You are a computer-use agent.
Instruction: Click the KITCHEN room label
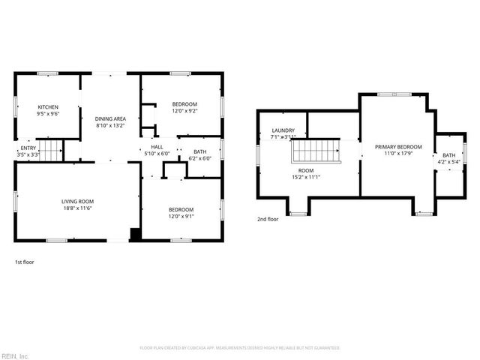tap(48, 107)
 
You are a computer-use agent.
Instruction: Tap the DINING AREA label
tap(109, 119)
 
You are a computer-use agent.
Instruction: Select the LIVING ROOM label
tap(77, 201)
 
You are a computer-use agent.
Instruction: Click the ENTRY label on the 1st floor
tap(28, 148)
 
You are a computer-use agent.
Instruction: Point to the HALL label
tap(157, 147)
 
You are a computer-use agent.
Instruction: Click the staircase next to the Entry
tap(49, 153)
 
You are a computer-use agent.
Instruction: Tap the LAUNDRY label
tap(283, 130)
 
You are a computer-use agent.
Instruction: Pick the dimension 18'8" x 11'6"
tap(77, 208)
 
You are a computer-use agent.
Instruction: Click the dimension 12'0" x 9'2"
tap(184, 111)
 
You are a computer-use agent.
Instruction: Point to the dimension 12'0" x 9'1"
tap(181, 217)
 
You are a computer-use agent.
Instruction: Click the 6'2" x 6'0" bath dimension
tap(199, 158)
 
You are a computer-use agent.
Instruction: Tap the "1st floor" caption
tap(24, 262)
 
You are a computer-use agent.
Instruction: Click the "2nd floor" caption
tap(267, 220)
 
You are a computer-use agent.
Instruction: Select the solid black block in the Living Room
tap(135, 235)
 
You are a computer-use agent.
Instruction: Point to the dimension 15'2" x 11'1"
tap(305, 177)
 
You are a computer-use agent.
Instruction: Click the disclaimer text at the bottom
tap(240, 348)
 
